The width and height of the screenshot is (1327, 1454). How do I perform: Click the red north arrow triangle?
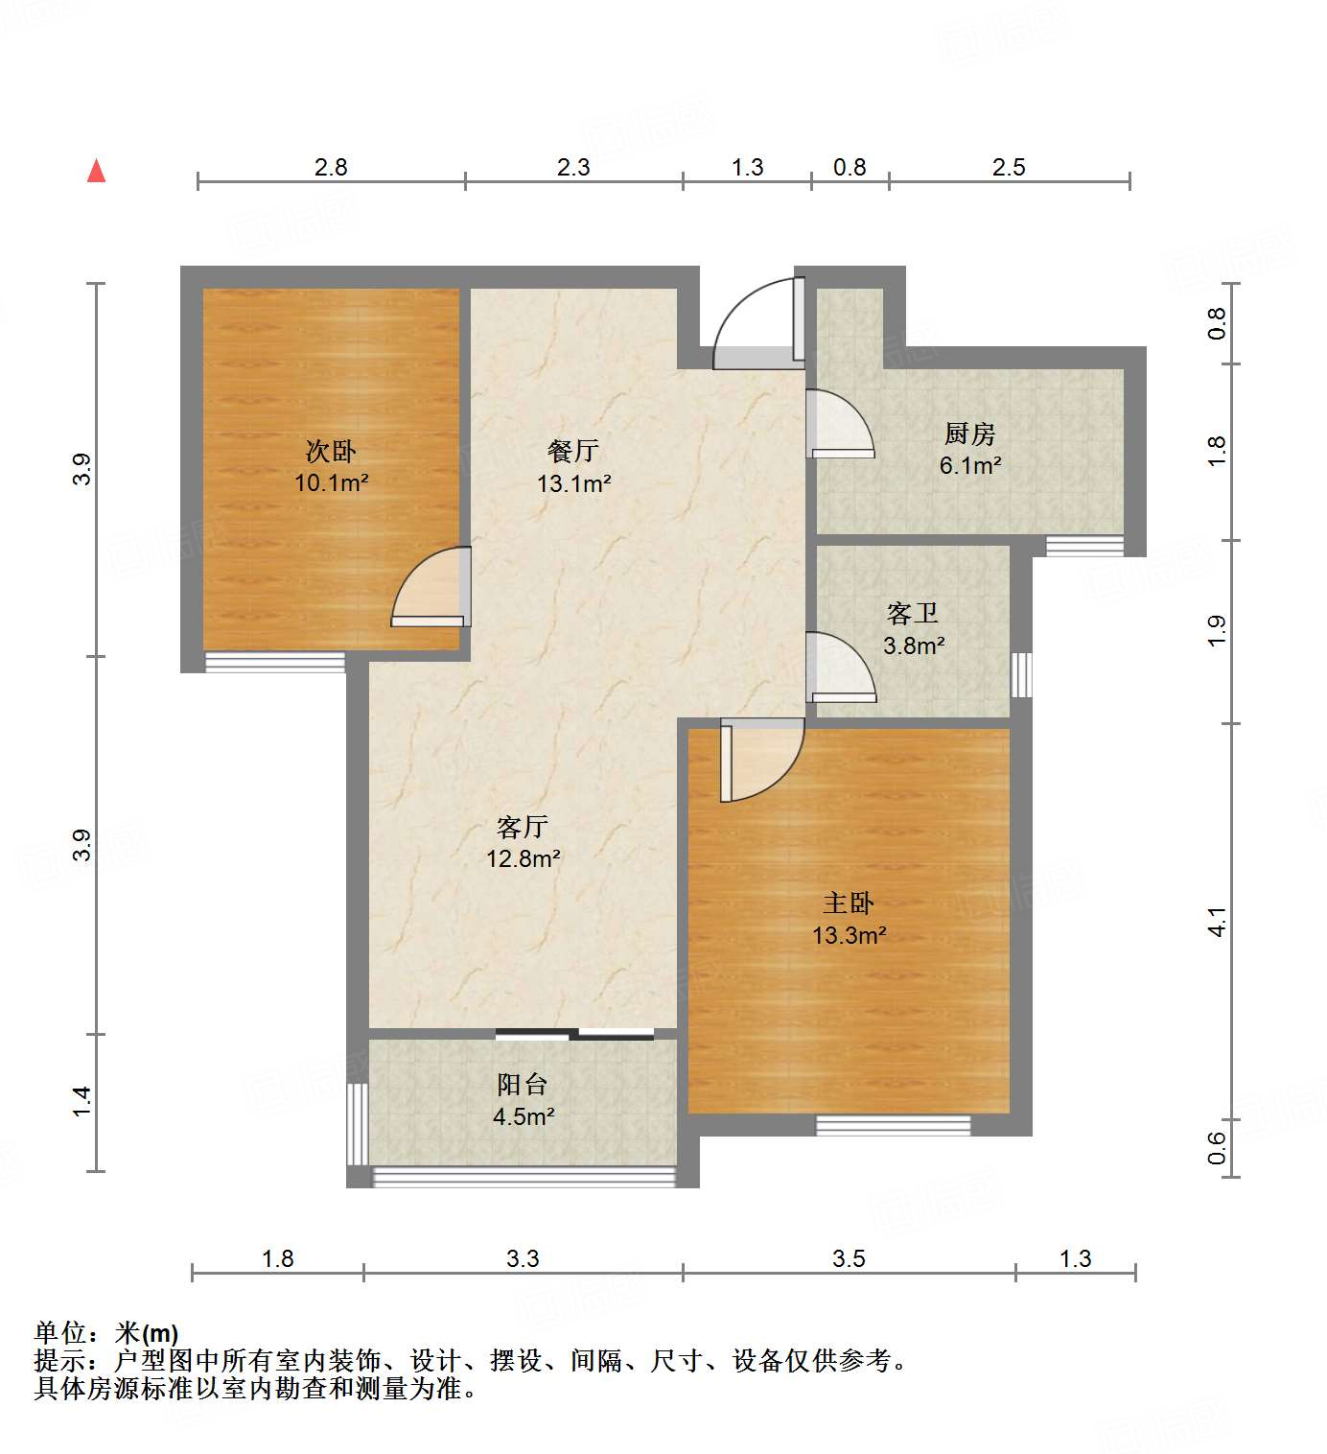pos(96,172)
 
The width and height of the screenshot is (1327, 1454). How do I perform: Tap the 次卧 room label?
pos(331,450)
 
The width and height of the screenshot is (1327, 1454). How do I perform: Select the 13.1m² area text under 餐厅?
pos(573,483)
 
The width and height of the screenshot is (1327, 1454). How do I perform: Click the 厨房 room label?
pos(969,434)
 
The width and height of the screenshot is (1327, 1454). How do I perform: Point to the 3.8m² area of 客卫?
pos(914,645)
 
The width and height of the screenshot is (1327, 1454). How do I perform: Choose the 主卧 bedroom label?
pos(849,903)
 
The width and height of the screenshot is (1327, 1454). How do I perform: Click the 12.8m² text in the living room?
pos(523,858)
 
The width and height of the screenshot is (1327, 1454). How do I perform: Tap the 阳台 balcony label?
pos(523,1084)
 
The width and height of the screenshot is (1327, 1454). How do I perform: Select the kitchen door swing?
pos(840,423)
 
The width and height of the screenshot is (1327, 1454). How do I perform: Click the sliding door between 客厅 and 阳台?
pos(574,1033)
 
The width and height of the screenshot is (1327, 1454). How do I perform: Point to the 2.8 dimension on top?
pos(331,167)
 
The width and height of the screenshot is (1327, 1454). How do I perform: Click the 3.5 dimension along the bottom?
pos(849,1258)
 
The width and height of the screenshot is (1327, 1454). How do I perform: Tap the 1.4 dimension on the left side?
pos(82,1100)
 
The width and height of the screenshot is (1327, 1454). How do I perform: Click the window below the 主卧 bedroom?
pos(893,1124)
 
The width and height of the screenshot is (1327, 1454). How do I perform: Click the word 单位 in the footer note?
pos(60,1332)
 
